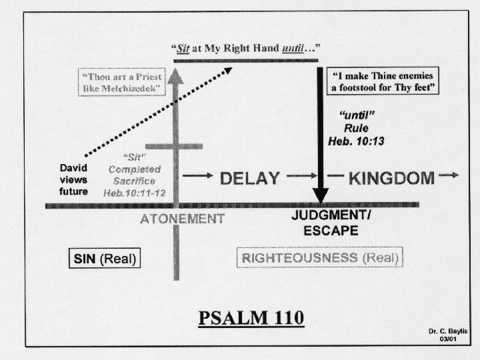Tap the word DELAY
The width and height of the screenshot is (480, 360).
[x=249, y=178]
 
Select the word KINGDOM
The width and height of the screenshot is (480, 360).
[x=391, y=178]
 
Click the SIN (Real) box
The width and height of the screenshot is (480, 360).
[x=106, y=258]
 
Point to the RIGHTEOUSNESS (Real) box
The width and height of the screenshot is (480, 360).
[x=320, y=258]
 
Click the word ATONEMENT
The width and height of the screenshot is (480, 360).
[x=182, y=219]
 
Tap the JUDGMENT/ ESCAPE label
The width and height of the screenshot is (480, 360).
[x=331, y=223]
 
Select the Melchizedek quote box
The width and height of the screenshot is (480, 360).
[x=121, y=83]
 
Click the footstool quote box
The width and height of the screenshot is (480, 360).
[x=384, y=83]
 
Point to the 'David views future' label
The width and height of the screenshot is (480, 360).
[x=73, y=179]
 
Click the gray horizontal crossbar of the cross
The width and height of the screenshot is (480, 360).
[x=174, y=146]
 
